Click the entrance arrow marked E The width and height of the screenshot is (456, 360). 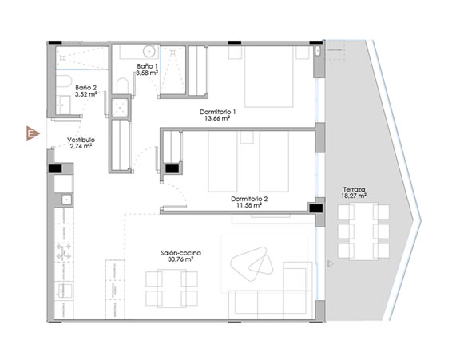coord(33,133)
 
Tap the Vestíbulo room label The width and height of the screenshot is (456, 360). coord(81,143)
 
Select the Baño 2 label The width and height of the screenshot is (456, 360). coord(85,91)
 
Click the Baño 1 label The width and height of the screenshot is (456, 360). coord(147,69)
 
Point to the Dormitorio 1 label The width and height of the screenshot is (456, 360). coord(217,115)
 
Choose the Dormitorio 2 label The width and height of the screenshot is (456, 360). coord(249,203)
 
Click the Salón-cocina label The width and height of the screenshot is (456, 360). coord(180,256)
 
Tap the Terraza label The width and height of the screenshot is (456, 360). coord(354,192)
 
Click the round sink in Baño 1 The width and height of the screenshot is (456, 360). coord(149,51)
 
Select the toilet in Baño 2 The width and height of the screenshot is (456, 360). coord(64,81)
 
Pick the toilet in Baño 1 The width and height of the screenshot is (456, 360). coord(122,85)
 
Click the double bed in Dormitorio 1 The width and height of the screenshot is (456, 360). coord(268,77)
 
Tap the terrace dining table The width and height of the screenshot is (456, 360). coord(363,231)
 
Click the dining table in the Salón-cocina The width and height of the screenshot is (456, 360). coord(172,288)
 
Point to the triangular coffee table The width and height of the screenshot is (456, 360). coord(252,263)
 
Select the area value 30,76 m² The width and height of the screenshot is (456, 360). coord(180,259)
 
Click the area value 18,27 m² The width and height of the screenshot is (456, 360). coord(354,196)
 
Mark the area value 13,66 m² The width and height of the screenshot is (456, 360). coord(217,118)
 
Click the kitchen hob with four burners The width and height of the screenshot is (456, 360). coord(64,251)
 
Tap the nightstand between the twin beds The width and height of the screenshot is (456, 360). coord(247,137)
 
